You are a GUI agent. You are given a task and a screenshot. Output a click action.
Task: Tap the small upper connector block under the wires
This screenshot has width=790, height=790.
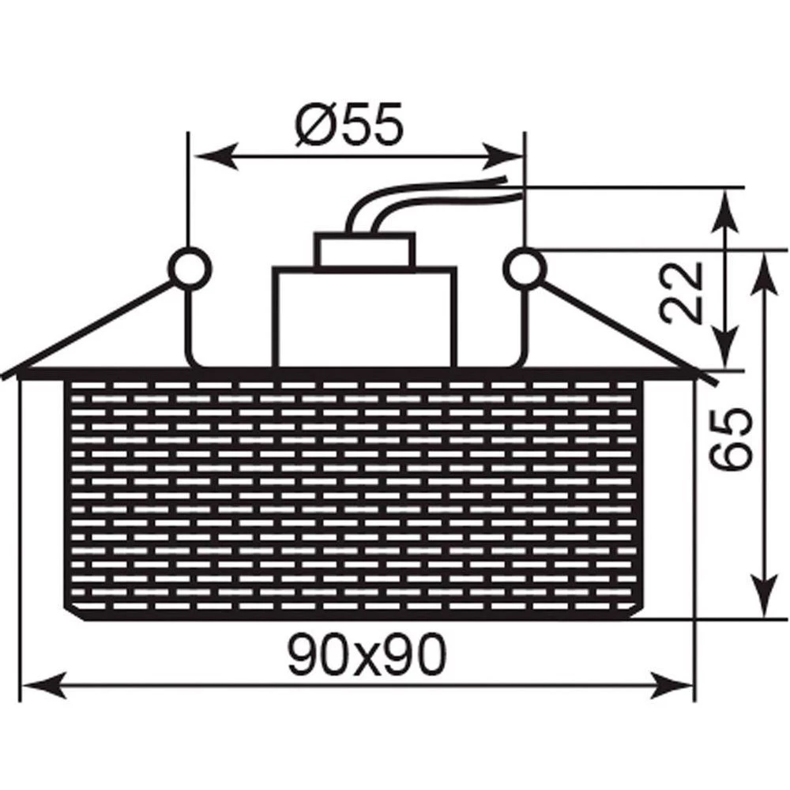(365, 251)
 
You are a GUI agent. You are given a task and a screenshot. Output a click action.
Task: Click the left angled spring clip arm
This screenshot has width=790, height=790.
(95, 328)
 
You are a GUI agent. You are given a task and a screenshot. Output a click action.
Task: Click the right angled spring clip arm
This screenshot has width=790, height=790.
(624, 328)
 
